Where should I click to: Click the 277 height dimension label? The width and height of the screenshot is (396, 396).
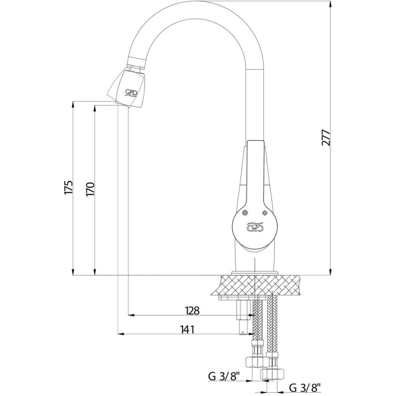(x=326, y=138)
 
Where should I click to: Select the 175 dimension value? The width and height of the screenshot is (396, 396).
(x=69, y=187)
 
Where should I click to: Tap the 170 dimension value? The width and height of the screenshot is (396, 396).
(x=91, y=189)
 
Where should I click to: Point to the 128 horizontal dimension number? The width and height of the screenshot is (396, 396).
(x=192, y=310)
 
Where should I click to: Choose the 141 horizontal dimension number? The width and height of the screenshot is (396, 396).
(x=187, y=329)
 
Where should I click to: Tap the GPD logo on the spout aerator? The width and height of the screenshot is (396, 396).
(x=131, y=93)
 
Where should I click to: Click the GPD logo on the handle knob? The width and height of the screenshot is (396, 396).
(x=255, y=226)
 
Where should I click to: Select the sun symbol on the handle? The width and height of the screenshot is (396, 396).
(x=264, y=213)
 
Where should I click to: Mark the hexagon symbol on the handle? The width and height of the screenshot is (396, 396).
(x=245, y=213)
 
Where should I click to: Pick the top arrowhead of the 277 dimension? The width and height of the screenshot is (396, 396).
(x=331, y=4)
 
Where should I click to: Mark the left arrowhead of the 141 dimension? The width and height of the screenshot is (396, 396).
(x=121, y=334)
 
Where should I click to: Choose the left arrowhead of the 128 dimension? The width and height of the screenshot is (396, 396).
(x=131, y=315)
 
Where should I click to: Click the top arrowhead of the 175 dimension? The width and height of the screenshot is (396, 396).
(x=73, y=105)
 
